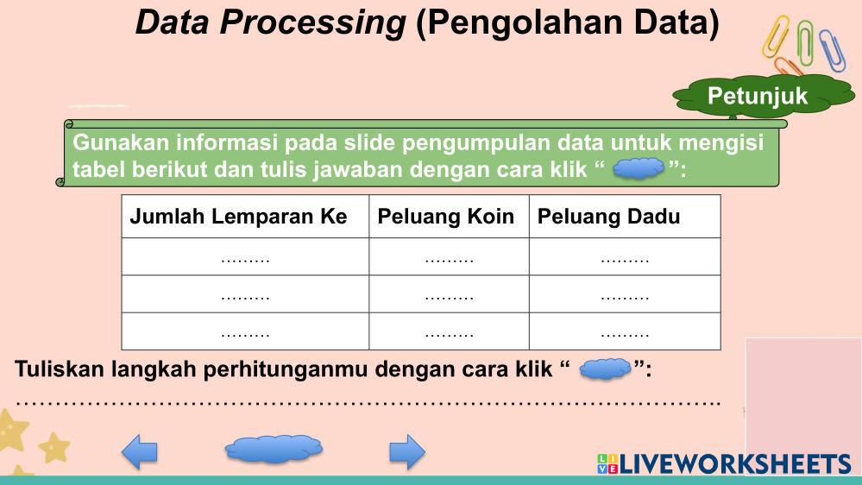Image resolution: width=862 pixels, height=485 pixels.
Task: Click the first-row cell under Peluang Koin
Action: (449, 257)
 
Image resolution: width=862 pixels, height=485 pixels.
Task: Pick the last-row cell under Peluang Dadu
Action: (625, 331)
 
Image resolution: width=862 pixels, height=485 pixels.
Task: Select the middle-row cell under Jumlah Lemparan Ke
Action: (245, 294)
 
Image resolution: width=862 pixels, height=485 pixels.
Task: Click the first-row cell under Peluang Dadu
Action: (625, 257)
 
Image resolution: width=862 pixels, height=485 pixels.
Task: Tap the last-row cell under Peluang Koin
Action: (449, 331)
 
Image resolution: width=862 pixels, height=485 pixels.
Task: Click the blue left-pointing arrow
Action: (140, 452)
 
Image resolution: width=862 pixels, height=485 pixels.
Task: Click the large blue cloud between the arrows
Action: (274, 449)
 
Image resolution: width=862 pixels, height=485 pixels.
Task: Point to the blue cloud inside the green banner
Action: (639, 168)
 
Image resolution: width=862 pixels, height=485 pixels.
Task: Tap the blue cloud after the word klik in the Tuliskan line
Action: (605, 369)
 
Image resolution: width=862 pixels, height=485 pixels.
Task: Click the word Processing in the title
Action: (312, 23)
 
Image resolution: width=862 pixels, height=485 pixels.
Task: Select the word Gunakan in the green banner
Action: (121, 142)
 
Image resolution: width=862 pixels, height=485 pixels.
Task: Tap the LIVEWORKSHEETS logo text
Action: (735, 464)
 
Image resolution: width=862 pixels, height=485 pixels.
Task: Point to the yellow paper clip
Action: (776, 37)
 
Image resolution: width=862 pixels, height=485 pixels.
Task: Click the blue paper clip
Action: (832, 51)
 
